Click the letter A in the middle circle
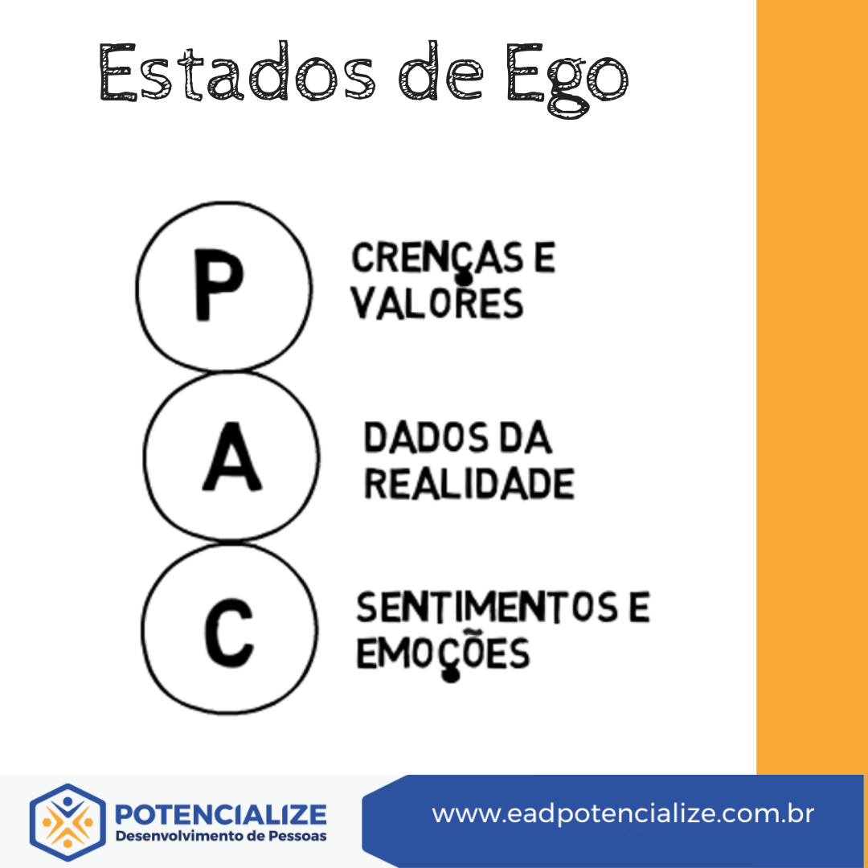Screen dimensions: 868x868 [x=231, y=463]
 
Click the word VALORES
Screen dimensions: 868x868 [x=438, y=303]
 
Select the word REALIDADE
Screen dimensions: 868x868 [x=469, y=484]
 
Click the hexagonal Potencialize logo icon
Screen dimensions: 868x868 [x=68, y=822]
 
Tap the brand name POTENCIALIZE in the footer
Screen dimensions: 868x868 [x=221, y=814]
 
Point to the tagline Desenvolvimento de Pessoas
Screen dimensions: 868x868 [x=221, y=837]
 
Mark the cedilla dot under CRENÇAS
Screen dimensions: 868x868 [x=462, y=279]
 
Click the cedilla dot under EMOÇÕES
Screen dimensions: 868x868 [x=451, y=674]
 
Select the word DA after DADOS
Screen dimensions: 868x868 [x=526, y=439]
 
